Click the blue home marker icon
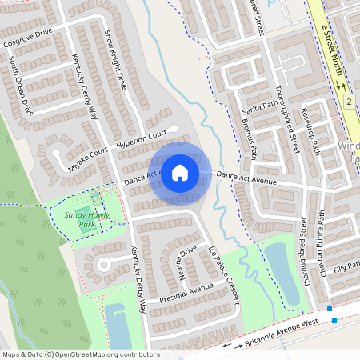180,172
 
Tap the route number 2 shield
350,102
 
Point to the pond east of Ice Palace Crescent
278,272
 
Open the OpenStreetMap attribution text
81,354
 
